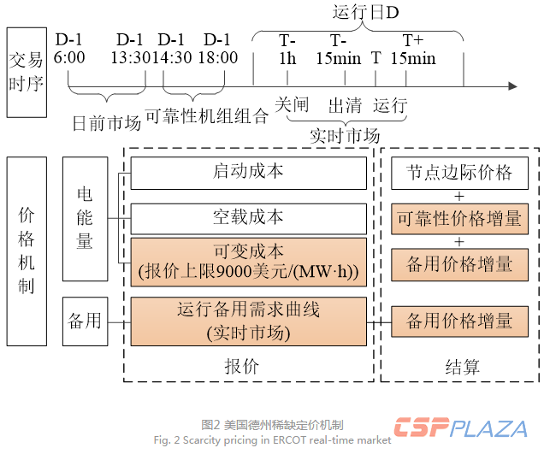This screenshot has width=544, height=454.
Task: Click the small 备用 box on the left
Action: tap(85, 321)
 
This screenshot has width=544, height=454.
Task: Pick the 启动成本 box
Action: tap(248, 173)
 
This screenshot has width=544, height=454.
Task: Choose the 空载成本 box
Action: tap(248, 217)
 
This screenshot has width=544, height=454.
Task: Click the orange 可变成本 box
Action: tap(248, 261)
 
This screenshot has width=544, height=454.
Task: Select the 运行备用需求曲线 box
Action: tap(248, 320)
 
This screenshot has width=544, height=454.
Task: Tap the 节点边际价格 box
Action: tap(459, 173)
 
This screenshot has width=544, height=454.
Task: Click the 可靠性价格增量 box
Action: tap(459, 219)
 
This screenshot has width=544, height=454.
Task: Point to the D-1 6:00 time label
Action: tap(70, 49)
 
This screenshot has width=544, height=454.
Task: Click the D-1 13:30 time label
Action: tap(131, 49)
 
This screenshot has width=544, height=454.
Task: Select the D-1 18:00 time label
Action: tap(216, 49)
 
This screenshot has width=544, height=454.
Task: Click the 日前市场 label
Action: tap(107, 122)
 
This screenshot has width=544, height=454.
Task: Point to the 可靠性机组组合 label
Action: tap(206, 116)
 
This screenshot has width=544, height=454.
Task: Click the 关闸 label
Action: tap(292, 105)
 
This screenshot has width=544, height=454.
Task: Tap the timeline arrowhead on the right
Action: tap(512, 85)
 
